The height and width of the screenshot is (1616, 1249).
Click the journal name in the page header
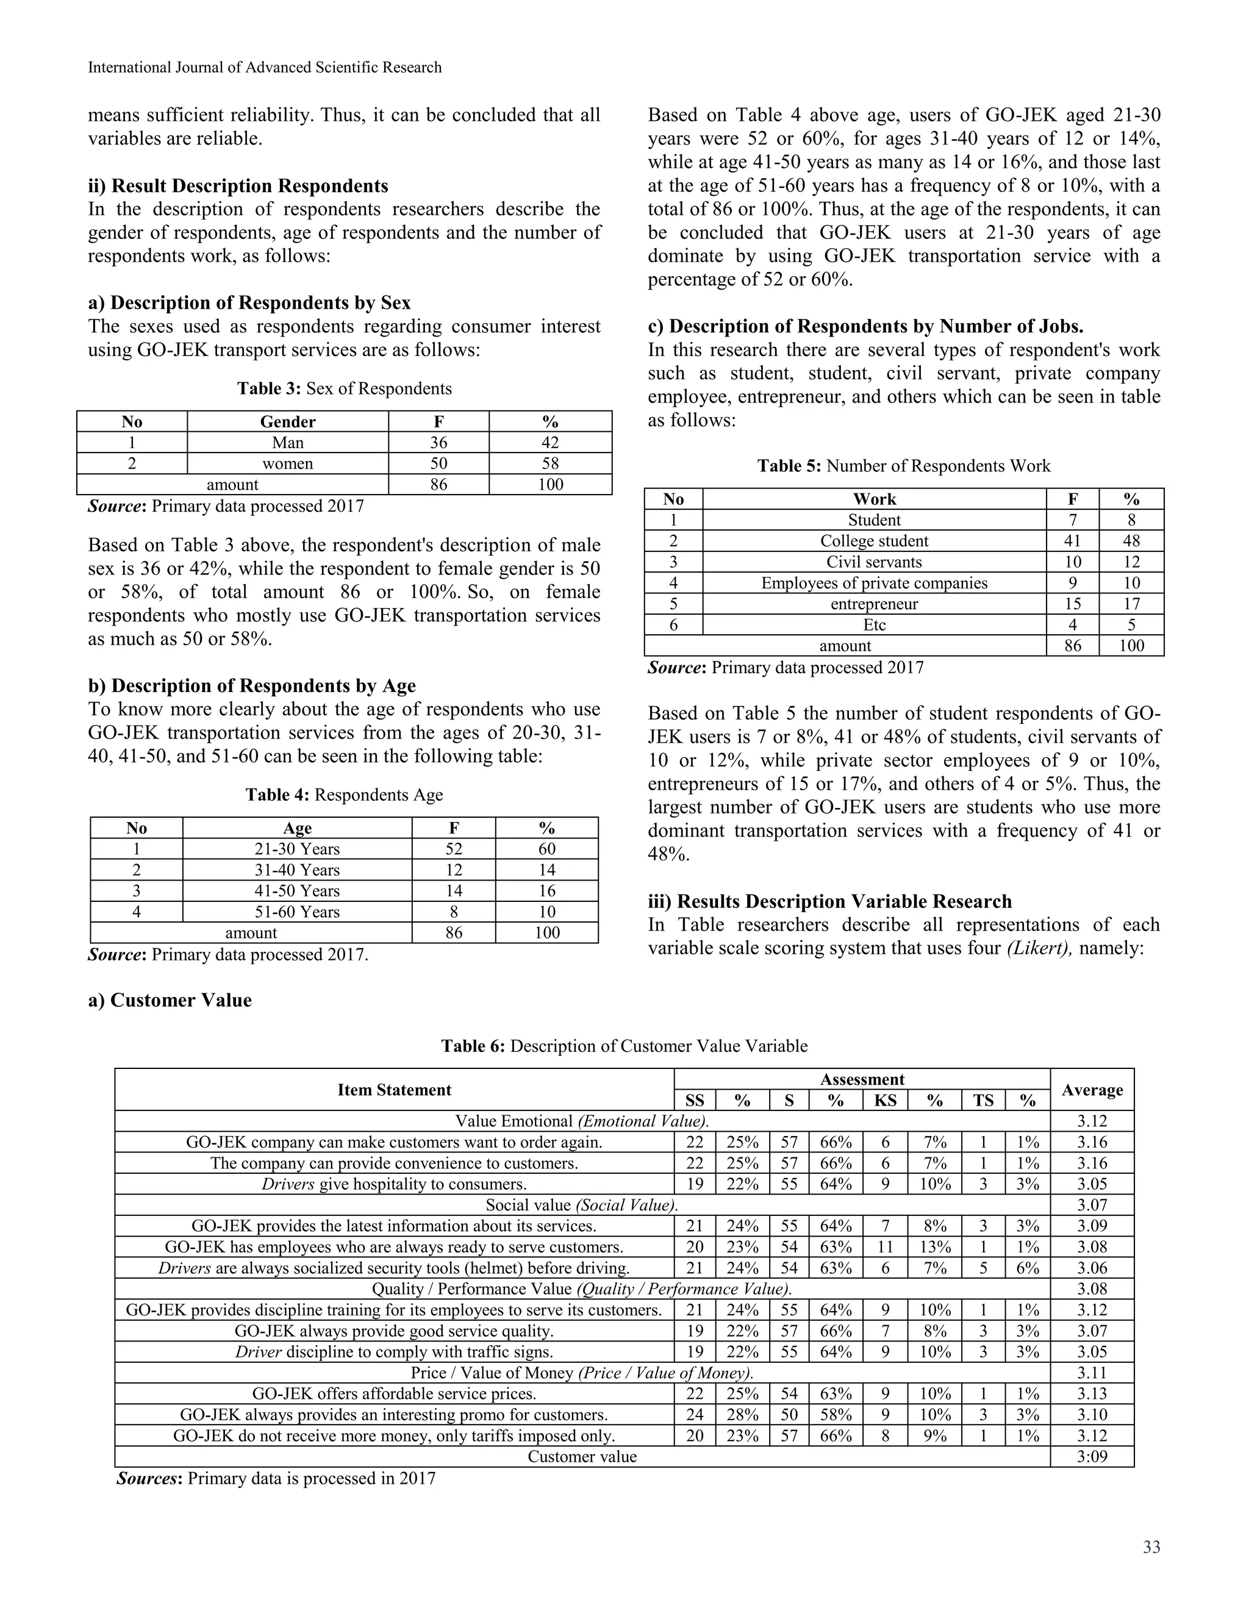tap(265, 67)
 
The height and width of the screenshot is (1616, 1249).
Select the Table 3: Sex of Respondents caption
tap(344, 388)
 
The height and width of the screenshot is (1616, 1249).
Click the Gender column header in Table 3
tap(288, 422)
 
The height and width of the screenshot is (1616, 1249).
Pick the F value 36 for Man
tap(438, 443)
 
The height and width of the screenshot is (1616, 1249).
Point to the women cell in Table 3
tap(288, 463)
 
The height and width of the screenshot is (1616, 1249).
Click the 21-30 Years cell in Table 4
tap(297, 849)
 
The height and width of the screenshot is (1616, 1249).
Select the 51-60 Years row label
tap(297, 912)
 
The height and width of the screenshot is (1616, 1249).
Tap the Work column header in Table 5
tap(874, 499)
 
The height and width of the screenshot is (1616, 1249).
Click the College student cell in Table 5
tap(874, 541)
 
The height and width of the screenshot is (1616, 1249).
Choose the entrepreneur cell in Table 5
tap(874, 604)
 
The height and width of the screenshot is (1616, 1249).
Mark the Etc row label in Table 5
tap(874, 624)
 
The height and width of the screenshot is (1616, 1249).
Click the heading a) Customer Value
tap(170, 1000)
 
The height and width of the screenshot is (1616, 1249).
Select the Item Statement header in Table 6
tap(395, 1089)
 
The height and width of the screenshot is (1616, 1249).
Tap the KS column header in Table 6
tap(885, 1100)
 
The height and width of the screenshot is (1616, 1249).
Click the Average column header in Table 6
tap(1092, 1089)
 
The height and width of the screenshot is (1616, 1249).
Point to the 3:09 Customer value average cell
tap(1092, 1457)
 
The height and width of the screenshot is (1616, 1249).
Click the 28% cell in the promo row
tap(742, 1415)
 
